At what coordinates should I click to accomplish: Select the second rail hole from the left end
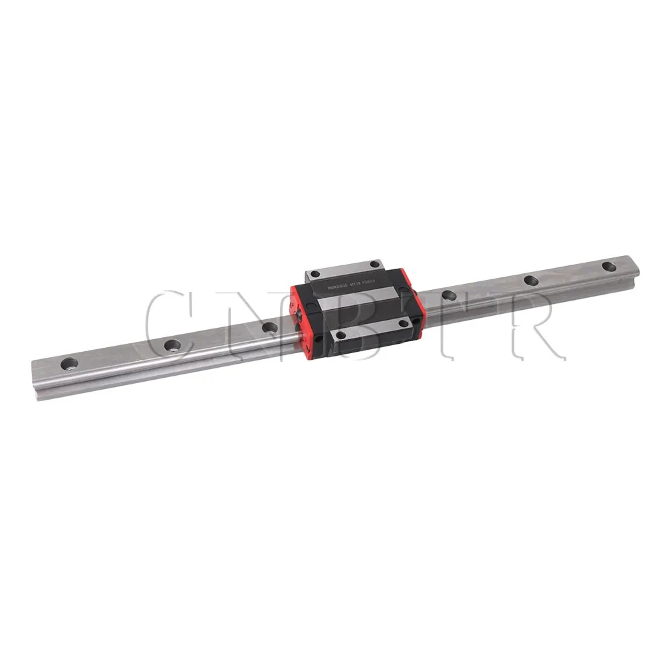click(x=172, y=344)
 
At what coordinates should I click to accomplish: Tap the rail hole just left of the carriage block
click(x=269, y=327)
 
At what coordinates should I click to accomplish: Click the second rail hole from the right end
click(x=530, y=280)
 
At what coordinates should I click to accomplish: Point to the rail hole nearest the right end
click(x=608, y=266)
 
